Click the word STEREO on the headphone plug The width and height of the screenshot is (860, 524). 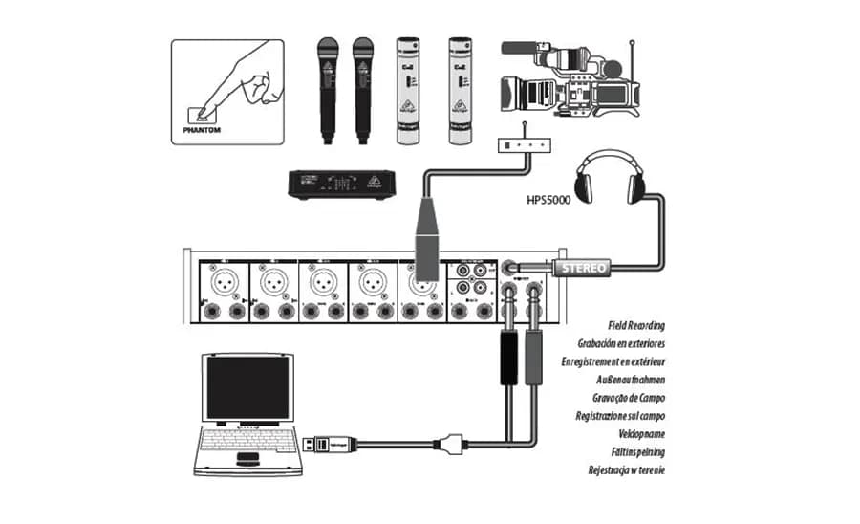pos(582,267)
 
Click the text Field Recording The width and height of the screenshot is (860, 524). pos(631,326)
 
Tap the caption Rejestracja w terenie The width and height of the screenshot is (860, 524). pos(626,469)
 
